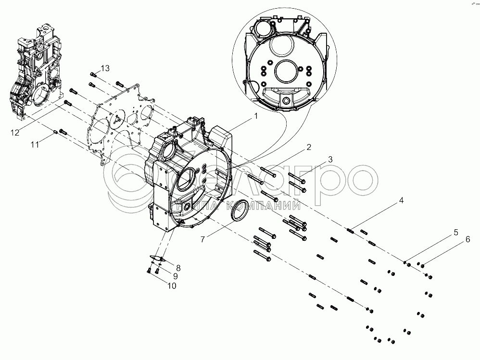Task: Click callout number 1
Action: [256, 116]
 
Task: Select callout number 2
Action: [309, 147]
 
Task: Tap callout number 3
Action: [330, 159]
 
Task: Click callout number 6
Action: [467, 240]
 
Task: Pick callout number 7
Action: [203, 239]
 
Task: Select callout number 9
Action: [176, 276]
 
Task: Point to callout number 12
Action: [15, 132]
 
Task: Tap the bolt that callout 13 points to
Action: [93, 74]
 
